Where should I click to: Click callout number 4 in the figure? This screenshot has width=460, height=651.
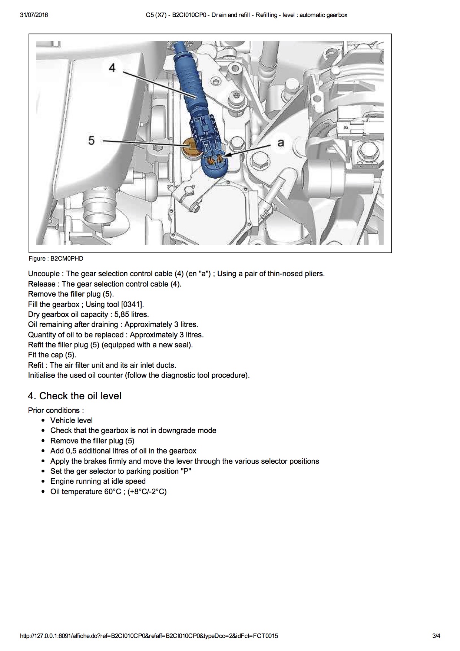point(112,67)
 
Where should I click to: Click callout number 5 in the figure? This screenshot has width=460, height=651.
point(92,141)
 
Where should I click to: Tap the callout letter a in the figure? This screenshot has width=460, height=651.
point(281,143)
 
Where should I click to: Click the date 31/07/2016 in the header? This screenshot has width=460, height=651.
point(34,15)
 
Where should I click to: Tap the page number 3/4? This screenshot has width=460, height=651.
point(436,636)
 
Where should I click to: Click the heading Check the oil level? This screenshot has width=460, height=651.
point(80,396)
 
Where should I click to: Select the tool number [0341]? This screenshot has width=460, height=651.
point(132,304)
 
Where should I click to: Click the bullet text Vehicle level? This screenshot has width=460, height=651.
point(72,420)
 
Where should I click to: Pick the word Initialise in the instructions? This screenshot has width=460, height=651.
point(42,375)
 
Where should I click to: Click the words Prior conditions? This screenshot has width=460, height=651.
point(56,410)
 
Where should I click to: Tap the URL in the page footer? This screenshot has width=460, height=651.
point(149,636)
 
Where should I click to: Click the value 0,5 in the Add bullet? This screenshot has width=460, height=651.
point(71,451)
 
